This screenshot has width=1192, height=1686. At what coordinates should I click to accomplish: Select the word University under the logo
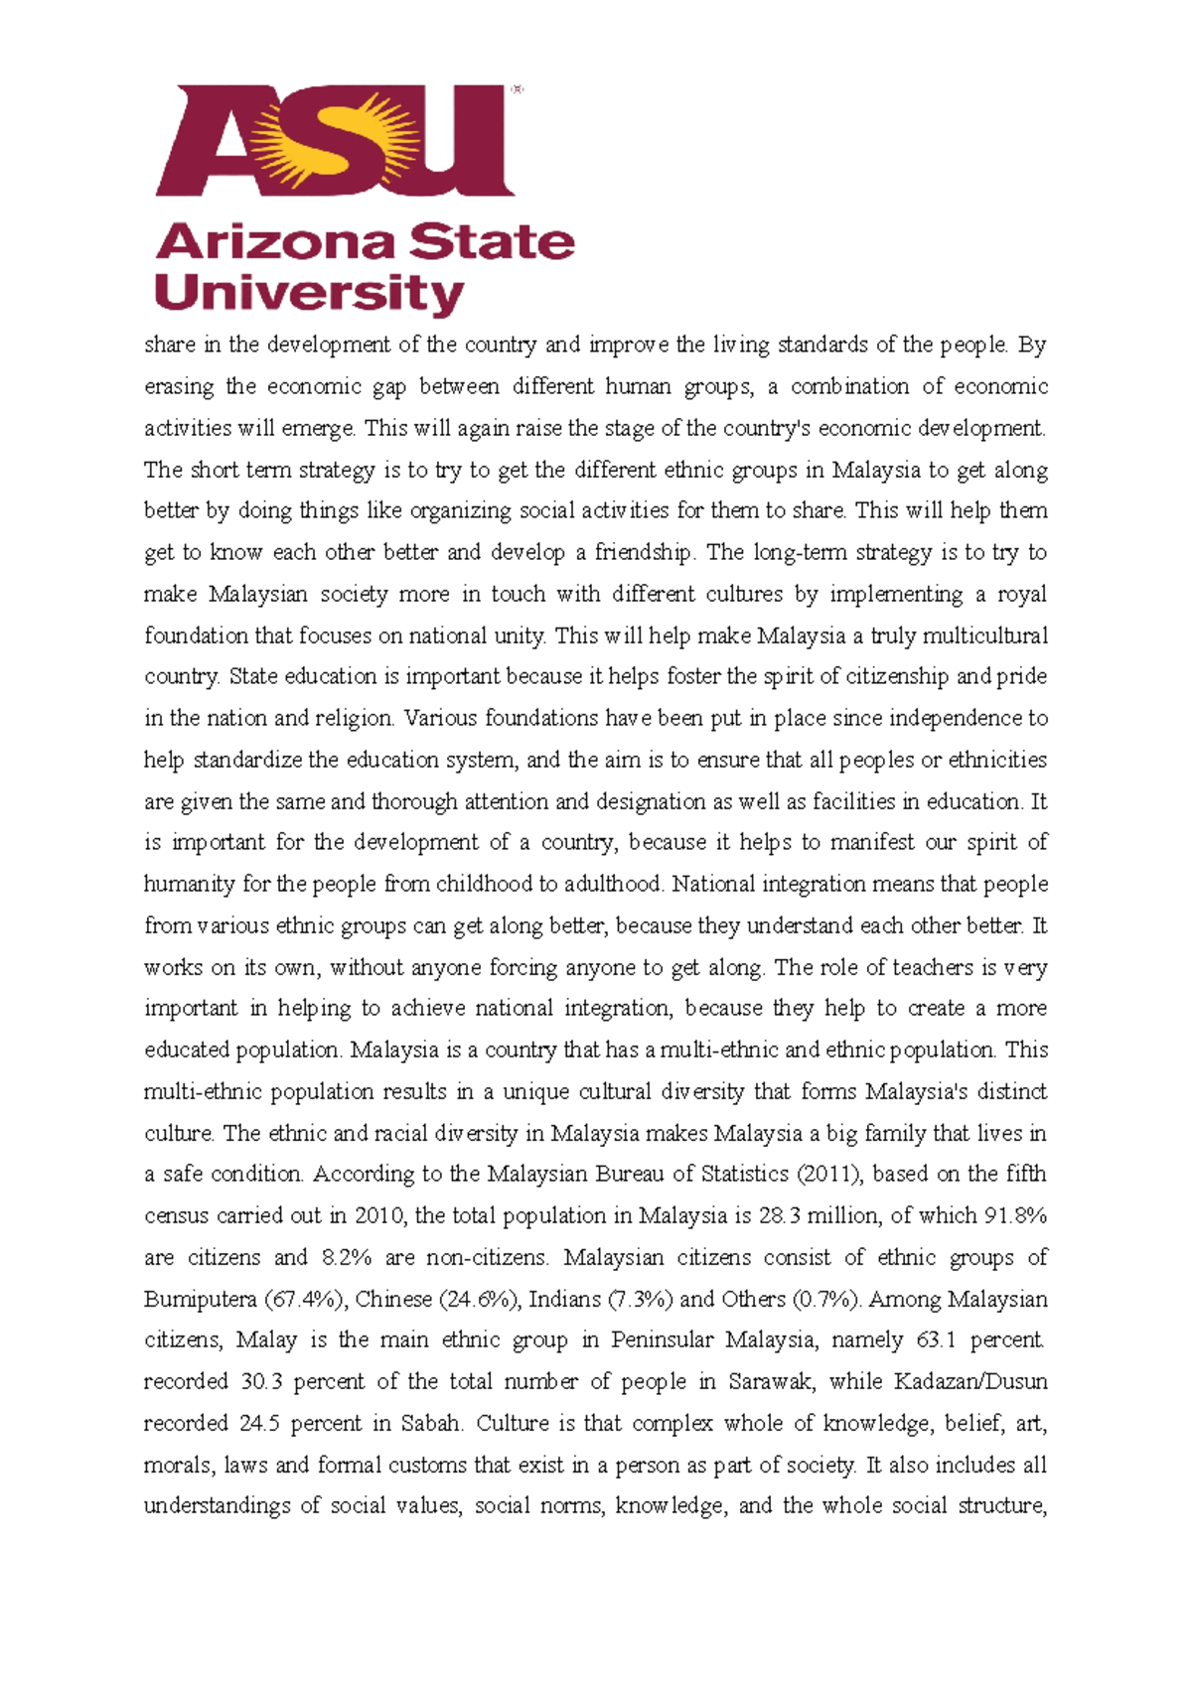[x=309, y=293]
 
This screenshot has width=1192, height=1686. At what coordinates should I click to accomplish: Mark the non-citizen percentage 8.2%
[x=347, y=1257]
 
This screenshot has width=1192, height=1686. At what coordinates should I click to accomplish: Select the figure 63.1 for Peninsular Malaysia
[x=936, y=1339]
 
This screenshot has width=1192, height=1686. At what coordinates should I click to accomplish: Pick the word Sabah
[x=431, y=1423]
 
